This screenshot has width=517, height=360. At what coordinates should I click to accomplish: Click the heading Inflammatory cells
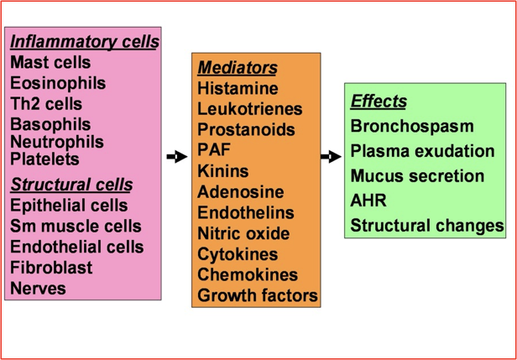pyautogui.click(x=84, y=41)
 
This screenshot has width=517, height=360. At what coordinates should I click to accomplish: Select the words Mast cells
pyautogui.click(x=50, y=62)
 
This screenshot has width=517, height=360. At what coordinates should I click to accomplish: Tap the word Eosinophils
pyautogui.click(x=58, y=83)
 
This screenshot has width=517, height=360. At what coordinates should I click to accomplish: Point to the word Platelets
pyautogui.click(x=44, y=159)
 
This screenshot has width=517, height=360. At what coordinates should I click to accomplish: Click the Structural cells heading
pyautogui.click(x=71, y=185)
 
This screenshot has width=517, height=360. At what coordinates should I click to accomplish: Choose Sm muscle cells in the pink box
pyautogui.click(x=76, y=227)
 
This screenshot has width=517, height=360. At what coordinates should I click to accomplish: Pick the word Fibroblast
pyautogui.click(x=51, y=269)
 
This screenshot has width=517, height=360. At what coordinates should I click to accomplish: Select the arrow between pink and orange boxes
pyautogui.click(x=176, y=156)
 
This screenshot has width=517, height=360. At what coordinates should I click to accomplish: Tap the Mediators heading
pyautogui.click(x=238, y=67)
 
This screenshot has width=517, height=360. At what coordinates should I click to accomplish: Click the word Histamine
pyautogui.click(x=237, y=88)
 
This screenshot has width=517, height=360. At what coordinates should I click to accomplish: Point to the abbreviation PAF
pyautogui.click(x=215, y=150)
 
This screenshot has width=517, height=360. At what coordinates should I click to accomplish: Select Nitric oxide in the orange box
pyautogui.click(x=243, y=233)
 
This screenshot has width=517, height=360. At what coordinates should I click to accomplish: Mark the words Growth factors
pyautogui.click(x=258, y=295)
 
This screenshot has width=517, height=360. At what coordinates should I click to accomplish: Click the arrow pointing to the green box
pyautogui.click(x=331, y=156)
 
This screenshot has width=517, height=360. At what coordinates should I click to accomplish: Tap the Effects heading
pyautogui.click(x=379, y=102)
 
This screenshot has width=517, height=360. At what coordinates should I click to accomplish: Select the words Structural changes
pyautogui.click(x=427, y=226)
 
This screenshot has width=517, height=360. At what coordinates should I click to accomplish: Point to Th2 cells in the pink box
pyautogui.click(x=46, y=104)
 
